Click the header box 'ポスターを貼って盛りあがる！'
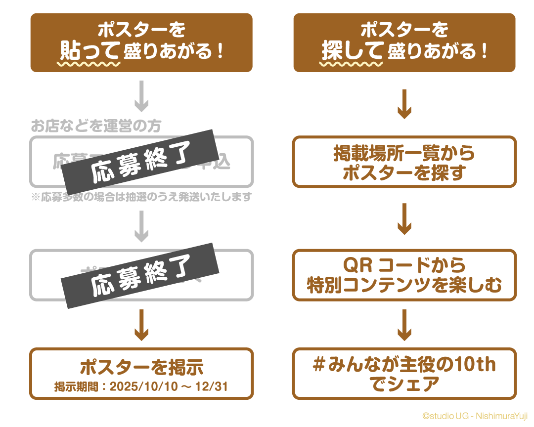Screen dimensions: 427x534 (x=141, y=42)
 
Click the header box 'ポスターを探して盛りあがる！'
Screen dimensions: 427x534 (x=404, y=42)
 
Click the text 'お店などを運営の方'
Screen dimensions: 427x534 (x=96, y=126)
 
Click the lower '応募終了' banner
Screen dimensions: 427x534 (x=141, y=275)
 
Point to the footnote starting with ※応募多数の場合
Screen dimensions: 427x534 (x=141, y=197)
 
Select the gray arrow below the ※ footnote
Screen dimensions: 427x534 (x=141, y=226)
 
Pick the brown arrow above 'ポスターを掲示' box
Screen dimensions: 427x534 (x=141, y=325)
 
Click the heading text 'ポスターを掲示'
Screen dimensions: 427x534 (x=141, y=368)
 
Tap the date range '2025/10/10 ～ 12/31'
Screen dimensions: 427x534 (x=169, y=386)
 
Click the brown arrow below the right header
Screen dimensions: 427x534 (x=404, y=103)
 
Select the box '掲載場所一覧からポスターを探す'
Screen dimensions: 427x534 (x=404, y=162)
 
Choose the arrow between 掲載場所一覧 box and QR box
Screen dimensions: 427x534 (x=404, y=218)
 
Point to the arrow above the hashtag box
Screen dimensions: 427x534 (x=404, y=325)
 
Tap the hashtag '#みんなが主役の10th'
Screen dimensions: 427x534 (x=404, y=365)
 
